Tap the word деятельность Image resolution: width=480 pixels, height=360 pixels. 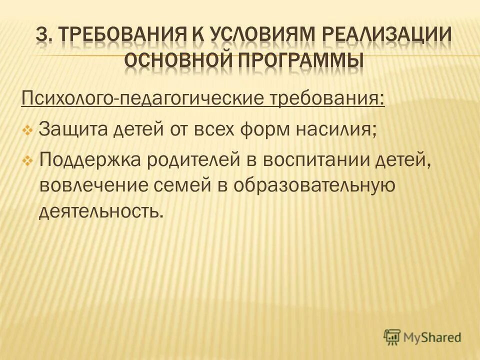101,211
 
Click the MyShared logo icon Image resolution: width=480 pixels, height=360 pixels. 393,337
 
